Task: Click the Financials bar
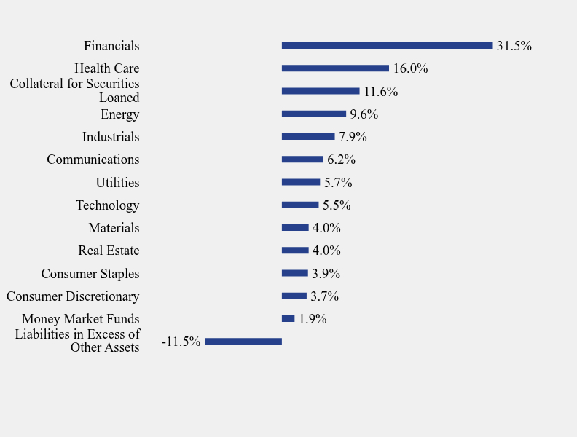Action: [387, 46]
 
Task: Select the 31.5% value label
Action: [514, 46]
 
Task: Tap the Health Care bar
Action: [335, 68]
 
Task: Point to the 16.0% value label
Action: [410, 68]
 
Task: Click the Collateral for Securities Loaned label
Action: [74, 90]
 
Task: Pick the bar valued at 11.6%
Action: [321, 91]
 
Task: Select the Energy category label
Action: [119, 114]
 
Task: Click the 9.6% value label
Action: [364, 114]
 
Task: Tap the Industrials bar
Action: [308, 137]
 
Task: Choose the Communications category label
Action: [93, 160]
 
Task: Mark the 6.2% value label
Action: [341, 160]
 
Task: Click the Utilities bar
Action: [301, 182]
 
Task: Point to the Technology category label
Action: [107, 205]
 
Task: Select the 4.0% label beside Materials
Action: [326, 228]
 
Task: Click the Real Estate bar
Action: [295, 251]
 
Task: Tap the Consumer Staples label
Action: [90, 274]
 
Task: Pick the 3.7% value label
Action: [324, 296]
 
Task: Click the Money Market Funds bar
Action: [288, 319]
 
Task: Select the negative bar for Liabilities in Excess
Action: [243, 342]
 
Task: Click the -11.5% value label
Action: [181, 342]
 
